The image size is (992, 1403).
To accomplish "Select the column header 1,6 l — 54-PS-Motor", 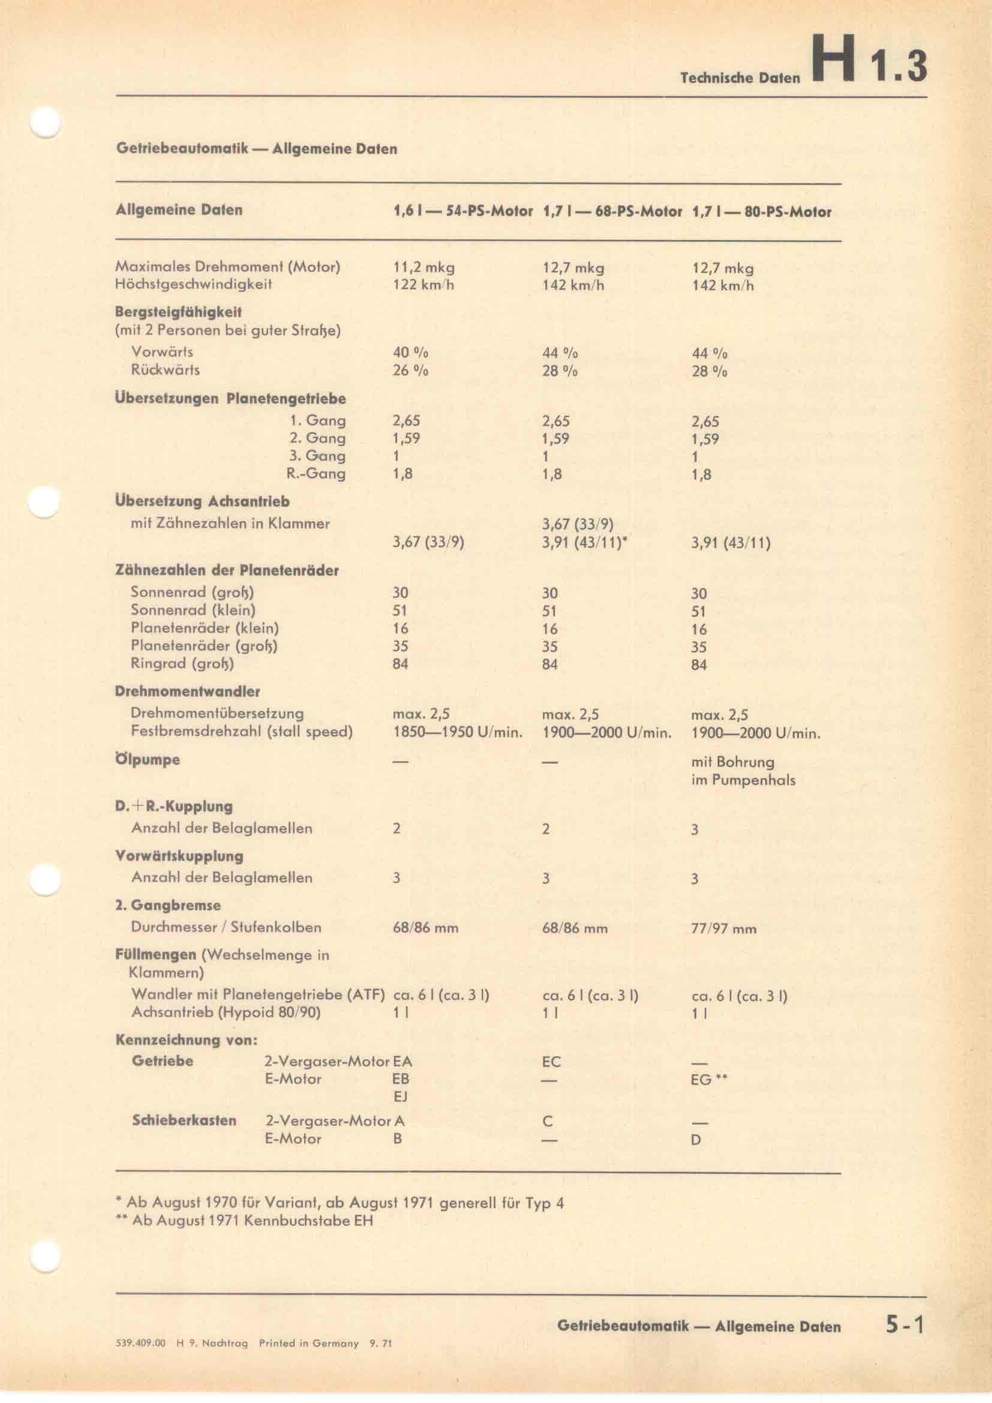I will click(x=463, y=212).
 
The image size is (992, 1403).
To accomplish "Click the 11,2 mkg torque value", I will click(x=423, y=268).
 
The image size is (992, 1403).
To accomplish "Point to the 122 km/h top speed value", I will click(x=423, y=285).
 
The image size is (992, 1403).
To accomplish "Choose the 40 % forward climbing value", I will click(x=410, y=353).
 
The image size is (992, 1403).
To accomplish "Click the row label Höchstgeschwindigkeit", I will click(x=194, y=284).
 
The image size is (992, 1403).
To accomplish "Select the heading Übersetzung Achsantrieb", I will click(x=202, y=501).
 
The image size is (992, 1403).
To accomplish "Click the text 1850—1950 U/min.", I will click(x=458, y=732).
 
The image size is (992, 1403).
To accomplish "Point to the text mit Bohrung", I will click(x=732, y=762).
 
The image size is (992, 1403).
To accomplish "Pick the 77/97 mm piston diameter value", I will click(x=724, y=929).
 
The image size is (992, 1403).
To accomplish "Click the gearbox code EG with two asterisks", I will click(x=709, y=1080).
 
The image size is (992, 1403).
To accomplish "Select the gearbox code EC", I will click(x=551, y=1062).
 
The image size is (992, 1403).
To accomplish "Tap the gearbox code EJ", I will click(x=401, y=1097).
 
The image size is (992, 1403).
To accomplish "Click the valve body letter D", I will click(x=696, y=1140).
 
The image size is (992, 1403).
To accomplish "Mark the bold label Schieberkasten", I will click(x=184, y=1120).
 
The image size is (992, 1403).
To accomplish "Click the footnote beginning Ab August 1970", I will click(x=339, y=1203).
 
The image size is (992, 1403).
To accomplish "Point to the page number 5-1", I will click(x=906, y=1326).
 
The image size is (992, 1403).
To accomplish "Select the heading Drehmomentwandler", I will click(x=188, y=692).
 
